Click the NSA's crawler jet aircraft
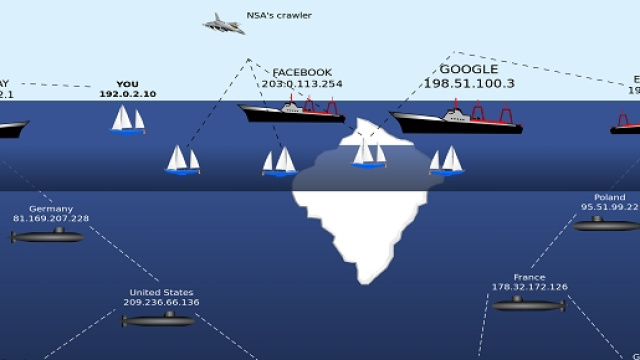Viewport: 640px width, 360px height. [223, 23]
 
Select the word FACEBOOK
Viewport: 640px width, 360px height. [302, 72]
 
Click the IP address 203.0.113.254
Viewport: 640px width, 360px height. [302, 84]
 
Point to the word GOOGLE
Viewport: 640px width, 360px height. [468, 69]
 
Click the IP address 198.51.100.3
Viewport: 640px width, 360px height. [468, 84]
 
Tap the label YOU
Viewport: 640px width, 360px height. [128, 84]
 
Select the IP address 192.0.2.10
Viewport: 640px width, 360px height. [128, 95]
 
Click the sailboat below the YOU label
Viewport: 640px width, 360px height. [127, 120]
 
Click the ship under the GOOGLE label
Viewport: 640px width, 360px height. [457, 121]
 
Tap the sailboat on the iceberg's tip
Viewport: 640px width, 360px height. [369, 152]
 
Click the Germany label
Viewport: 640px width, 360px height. [51, 208]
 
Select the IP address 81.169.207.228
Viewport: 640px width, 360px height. [51, 218]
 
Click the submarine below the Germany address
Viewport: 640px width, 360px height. [48, 236]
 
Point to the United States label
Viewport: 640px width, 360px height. [161, 292]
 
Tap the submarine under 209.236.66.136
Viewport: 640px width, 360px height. [159, 320]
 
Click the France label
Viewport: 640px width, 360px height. [529, 277]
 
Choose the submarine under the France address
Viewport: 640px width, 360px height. [528, 304]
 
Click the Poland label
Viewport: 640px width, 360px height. [609, 198]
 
